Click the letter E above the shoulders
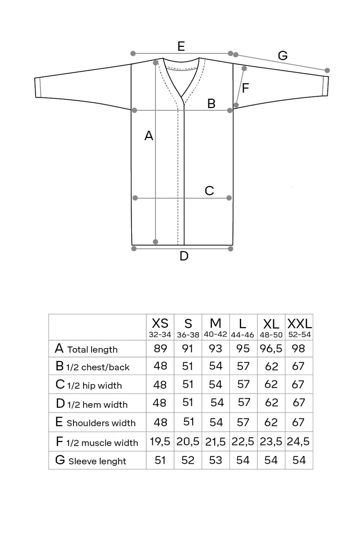(x=181, y=46)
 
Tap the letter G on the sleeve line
(x=282, y=56)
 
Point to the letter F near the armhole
(x=245, y=88)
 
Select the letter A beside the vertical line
(x=149, y=136)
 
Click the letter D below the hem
(x=184, y=256)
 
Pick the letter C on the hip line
(x=209, y=191)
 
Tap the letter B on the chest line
(x=211, y=103)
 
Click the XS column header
(x=160, y=323)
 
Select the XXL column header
(x=299, y=323)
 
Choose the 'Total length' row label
(x=92, y=349)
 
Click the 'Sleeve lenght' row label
(x=97, y=461)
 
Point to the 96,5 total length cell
(x=271, y=349)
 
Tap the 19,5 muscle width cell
(x=160, y=442)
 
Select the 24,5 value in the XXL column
(x=298, y=442)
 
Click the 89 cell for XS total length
(x=160, y=349)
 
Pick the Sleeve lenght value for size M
(x=216, y=460)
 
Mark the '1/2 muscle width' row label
(x=102, y=443)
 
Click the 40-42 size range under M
(x=216, y=334)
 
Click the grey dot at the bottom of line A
(x=156, y=242)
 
